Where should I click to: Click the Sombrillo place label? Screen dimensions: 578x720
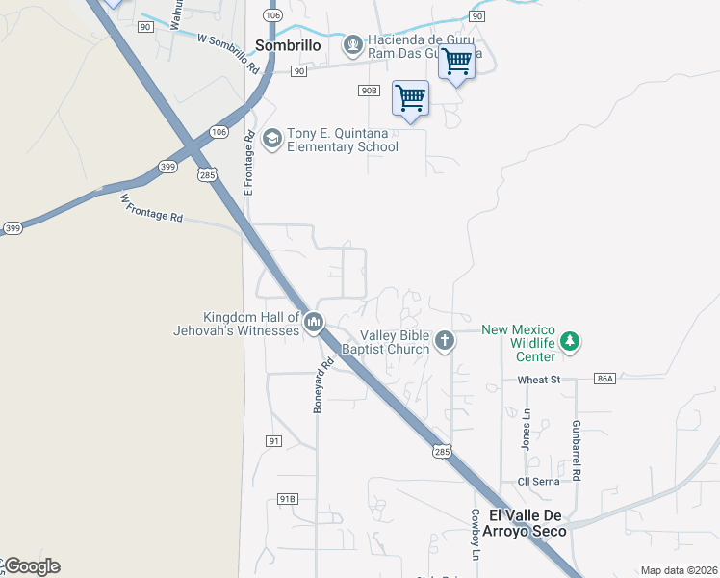(288, 45)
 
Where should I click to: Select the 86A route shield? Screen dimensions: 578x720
(604, 380)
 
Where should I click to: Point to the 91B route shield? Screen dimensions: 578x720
(287, 498)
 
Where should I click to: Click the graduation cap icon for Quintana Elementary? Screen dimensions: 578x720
(271, 140)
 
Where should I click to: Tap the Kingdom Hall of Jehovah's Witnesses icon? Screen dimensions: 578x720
(314, 324)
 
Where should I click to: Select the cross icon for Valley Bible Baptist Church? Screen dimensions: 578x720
(445, 339)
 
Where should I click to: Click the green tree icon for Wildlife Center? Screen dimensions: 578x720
(571, 340)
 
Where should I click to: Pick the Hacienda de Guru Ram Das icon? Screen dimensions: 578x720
(353, 44)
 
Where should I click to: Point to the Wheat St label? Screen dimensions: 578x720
(539, 381)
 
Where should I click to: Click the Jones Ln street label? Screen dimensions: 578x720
(527, 428)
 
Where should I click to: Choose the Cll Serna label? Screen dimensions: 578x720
(538, 482)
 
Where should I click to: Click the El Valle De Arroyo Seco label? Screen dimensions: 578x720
(526, 523)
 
